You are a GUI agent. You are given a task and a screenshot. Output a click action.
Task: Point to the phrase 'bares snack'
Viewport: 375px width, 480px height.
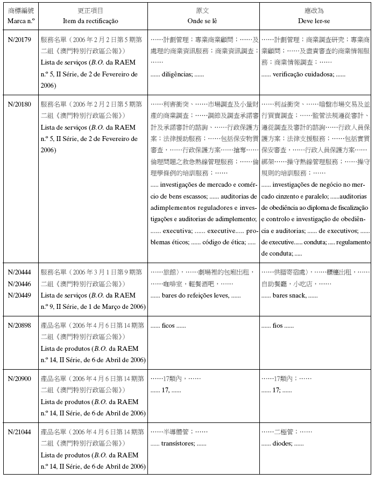pos(289,295)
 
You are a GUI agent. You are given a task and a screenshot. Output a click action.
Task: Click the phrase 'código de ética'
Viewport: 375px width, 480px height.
pos(224,243)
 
